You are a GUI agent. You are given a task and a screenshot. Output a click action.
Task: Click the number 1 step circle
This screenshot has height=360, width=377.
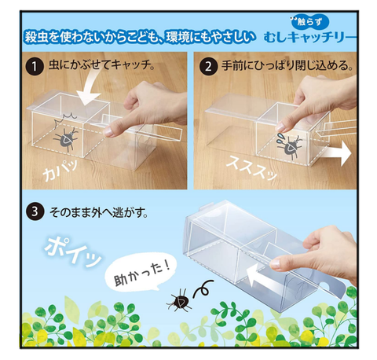tap(35, 67)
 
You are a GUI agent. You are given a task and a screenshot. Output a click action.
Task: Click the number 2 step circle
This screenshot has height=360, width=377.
tap(208, 67)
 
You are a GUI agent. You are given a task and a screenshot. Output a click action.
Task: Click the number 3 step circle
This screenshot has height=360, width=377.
tap(35, 211)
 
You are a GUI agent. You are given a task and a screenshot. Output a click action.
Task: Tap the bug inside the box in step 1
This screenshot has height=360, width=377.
tap(66, 139)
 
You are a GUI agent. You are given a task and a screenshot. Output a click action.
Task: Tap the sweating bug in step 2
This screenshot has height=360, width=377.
tap(290, 147)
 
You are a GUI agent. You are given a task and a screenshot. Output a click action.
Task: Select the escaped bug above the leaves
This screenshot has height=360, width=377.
tap(178, 300)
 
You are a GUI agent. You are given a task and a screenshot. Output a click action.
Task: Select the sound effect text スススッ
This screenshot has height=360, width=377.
tap(251, 167)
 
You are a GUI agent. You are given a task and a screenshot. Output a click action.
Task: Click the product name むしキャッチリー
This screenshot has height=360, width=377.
tap(309, 39)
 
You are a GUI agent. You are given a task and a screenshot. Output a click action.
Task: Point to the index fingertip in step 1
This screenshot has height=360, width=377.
tap(108, 131)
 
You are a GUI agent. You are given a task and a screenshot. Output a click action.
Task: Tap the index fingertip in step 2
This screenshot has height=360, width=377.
tap(280, 127)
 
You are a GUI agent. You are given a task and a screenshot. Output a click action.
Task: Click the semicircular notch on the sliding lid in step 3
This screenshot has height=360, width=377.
tap(325, 285)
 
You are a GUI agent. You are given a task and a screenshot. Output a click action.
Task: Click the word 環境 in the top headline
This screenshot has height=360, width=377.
tap(177, 37)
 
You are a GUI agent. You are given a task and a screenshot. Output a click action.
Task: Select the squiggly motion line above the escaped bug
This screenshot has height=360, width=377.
tap(203, 289)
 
